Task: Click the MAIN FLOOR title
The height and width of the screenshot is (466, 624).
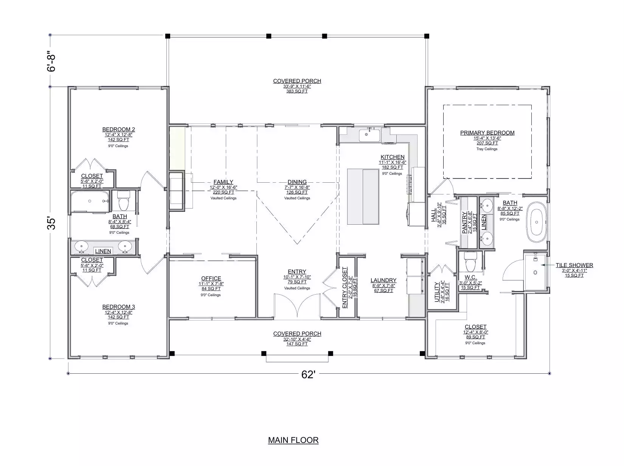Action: [293, 440]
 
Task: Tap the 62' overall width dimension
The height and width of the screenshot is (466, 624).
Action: [308, 375]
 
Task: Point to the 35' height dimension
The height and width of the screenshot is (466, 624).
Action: [51, 224]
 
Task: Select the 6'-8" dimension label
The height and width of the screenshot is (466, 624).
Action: [51, 61]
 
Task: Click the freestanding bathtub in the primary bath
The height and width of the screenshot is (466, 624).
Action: [537, 222]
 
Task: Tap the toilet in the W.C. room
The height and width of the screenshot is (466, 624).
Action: [470, 262]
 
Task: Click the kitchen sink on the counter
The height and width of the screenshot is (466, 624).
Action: [369, 135]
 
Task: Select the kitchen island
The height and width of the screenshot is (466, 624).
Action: [363, 197]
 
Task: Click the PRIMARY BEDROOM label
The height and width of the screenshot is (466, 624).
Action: [487, 133]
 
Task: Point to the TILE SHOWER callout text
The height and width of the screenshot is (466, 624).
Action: [574, 265]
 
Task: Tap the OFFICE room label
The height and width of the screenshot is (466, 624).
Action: [211, 279]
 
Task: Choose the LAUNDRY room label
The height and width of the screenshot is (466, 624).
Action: [383, 280]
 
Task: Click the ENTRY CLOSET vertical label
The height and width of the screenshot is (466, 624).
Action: [345, 287]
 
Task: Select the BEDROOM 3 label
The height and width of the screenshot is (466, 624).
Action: [118, 307]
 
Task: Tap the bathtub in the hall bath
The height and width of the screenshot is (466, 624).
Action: [90, 201]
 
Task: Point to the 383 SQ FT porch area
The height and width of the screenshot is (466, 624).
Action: [297, 91]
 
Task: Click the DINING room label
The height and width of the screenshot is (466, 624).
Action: [297, 182]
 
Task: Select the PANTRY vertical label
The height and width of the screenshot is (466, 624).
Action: [464, 223]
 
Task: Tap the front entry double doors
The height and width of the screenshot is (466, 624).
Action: [297, 306]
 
